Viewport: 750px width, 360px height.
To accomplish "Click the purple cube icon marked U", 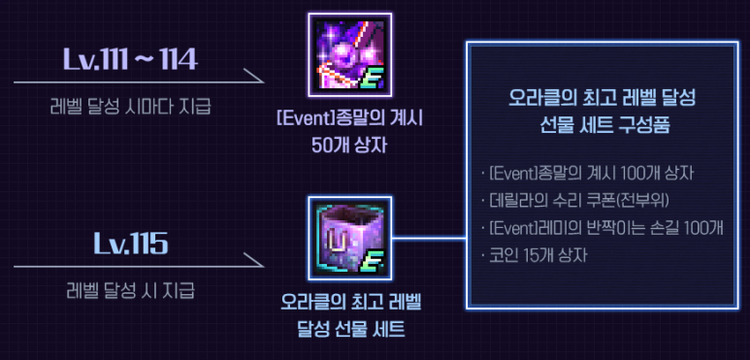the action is coord(349,236).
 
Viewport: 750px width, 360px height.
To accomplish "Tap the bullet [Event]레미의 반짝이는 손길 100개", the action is coord(603,228).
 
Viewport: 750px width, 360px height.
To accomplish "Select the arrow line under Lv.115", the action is coord(136,263).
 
